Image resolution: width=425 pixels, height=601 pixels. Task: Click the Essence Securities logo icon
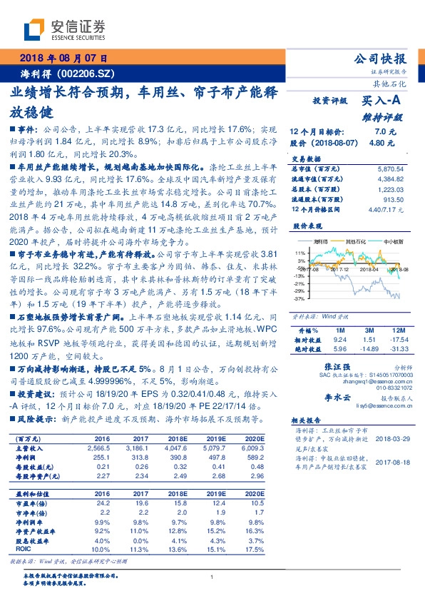tap(36, 29)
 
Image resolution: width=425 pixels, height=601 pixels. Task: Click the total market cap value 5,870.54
tap(388, 168)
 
